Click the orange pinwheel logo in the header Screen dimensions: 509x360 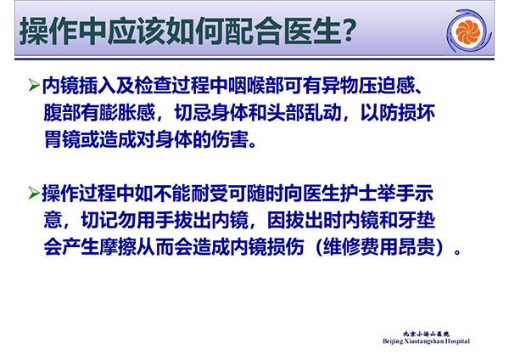[x=467, y=31]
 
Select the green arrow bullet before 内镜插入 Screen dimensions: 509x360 [x=34, y=86]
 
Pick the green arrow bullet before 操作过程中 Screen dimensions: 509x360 [x=34, y=193]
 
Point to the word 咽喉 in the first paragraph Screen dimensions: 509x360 [x=247, y=86]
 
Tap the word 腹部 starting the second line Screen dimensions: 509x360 [x=62, y=113]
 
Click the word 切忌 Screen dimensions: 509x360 [x=193, y=113]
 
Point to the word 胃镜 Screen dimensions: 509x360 [x=62, y=140]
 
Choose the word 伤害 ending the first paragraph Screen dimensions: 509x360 [x=230, y=140]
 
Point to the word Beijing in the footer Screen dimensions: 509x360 [x=393, y=341]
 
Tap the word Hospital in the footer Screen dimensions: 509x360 [x=457, y=341]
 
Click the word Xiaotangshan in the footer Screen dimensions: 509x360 [x=424, y=341]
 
